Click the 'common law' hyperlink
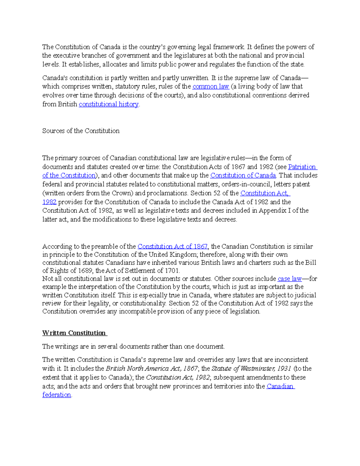(211, 87)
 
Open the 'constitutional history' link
(109, 104)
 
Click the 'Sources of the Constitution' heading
(81, 131)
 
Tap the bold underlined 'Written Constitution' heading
(74, 333)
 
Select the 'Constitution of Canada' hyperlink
(243, 176)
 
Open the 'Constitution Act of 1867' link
(172, 247)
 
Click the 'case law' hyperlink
(289, 279)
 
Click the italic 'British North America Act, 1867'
(152, 368)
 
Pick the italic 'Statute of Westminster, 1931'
(251, 368)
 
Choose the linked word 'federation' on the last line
(57, 395)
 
